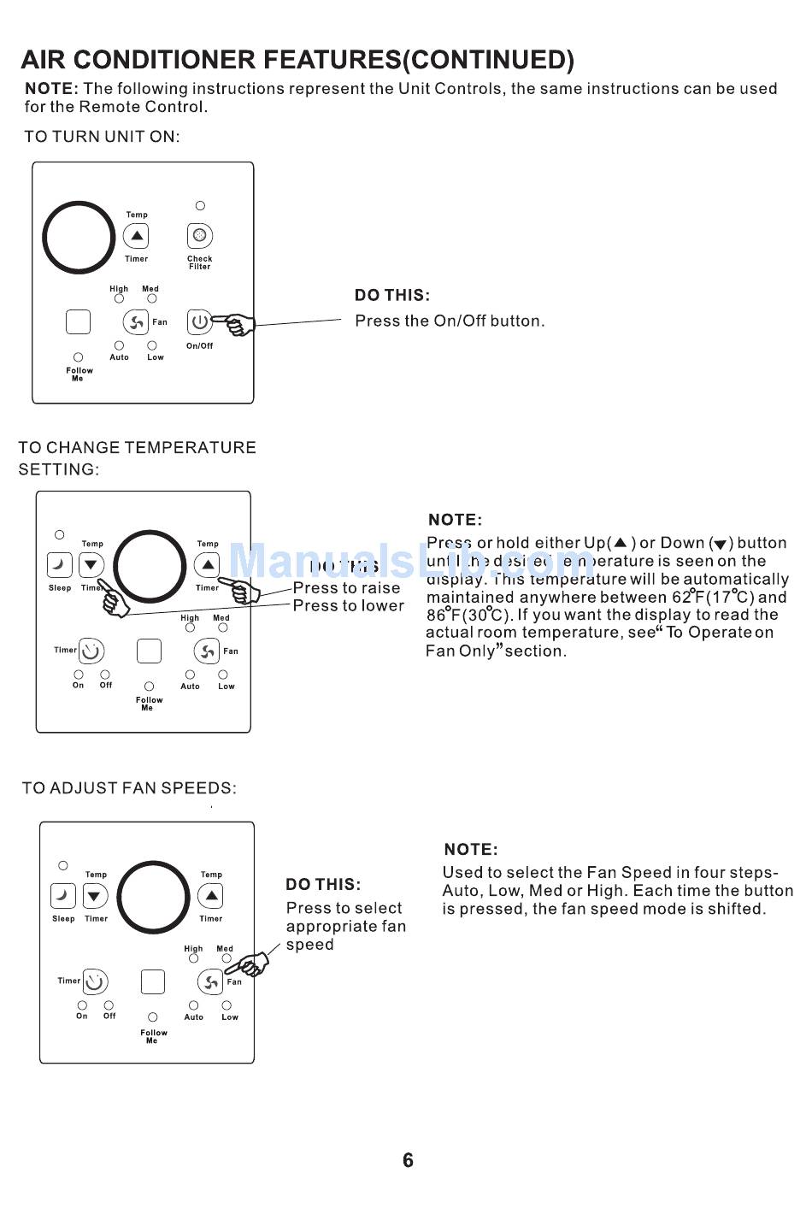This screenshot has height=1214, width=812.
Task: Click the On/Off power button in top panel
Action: point(199,322)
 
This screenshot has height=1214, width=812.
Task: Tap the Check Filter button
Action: point(199,235)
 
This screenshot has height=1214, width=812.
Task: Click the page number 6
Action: point(408,1160)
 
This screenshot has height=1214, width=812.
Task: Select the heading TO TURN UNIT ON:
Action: point(102,137)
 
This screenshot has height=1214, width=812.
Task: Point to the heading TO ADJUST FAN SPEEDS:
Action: point(129,788)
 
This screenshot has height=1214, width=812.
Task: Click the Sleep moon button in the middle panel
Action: point(60,565)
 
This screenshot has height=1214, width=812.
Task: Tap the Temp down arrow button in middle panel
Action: point(91,565)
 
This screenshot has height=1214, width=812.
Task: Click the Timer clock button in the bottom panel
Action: point(95,981)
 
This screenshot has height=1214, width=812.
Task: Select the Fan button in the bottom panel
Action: point(210,982)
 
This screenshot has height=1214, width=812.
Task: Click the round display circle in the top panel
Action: point(79,238)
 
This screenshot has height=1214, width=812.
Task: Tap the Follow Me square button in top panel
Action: point(78,321)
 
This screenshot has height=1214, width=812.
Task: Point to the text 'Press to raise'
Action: point(346,588)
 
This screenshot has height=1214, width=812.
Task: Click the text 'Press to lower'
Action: point(348,606)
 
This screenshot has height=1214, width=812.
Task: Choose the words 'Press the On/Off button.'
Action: point(450,321)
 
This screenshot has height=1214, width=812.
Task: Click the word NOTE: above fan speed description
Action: point(471,850)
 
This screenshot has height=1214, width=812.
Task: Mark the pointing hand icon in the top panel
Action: point(237,324)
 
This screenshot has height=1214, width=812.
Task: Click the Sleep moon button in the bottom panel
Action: point(63,896)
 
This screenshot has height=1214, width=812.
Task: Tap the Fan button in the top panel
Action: point(135,322)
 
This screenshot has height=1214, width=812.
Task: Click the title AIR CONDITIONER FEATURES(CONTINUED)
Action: point(297,60)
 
